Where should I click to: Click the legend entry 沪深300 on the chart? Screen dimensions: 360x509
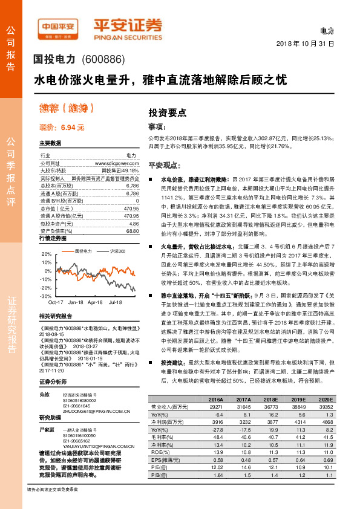pyautogui.click(x=116, y=250)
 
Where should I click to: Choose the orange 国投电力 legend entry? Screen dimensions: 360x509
pyautogui.click(x=83, y=250)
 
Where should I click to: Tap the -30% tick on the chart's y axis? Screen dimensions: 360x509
pyautogui.click(x=46, y=296)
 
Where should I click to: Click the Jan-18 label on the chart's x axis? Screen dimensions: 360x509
pyautogui.click(x=76, y=302)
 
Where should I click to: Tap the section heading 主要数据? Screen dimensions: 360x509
pyautogui.click(x=50, y=143)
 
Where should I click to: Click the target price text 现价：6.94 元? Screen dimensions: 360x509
pyautogui.click(x=61, y=128)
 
